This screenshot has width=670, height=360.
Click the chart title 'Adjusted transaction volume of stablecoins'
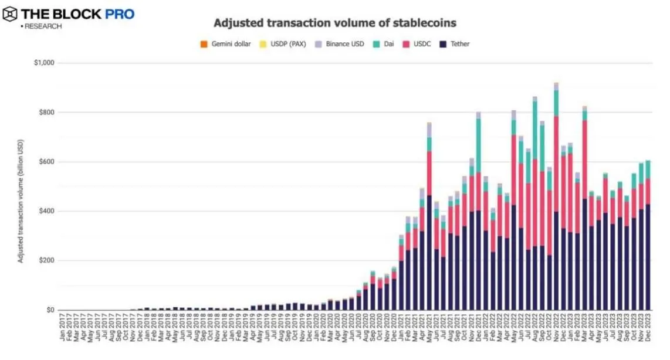334,23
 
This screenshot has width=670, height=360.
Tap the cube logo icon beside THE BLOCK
10,14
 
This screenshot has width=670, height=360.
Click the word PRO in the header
120,13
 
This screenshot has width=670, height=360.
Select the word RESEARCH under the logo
42,26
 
